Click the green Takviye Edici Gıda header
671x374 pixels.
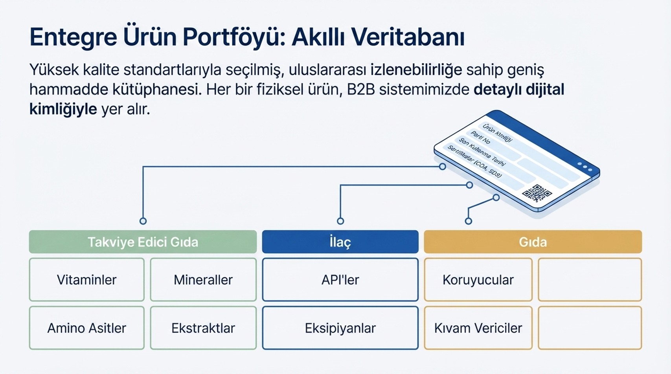coord(143,242)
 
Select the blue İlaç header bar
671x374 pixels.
coord(340,242)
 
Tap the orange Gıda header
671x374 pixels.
coord(533,242)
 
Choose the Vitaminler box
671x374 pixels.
coord(86,280)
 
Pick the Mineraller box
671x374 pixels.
coord(203,280)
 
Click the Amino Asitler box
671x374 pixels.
coord(86,328)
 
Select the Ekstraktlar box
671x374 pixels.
coord(203,328)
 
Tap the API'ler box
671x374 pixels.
coord(340,280)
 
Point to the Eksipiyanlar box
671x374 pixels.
coord(340,328)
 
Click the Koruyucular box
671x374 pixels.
coord(478,280)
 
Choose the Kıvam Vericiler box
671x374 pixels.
coord(478,328)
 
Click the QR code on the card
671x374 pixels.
coord(537,193)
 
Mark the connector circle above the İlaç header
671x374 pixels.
coord(340,221)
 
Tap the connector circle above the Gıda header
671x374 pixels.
coord(468,221)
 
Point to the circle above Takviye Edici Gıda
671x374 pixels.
coord(143,221)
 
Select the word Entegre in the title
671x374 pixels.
coord(73,37)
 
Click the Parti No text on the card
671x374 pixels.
coord(481,137)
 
